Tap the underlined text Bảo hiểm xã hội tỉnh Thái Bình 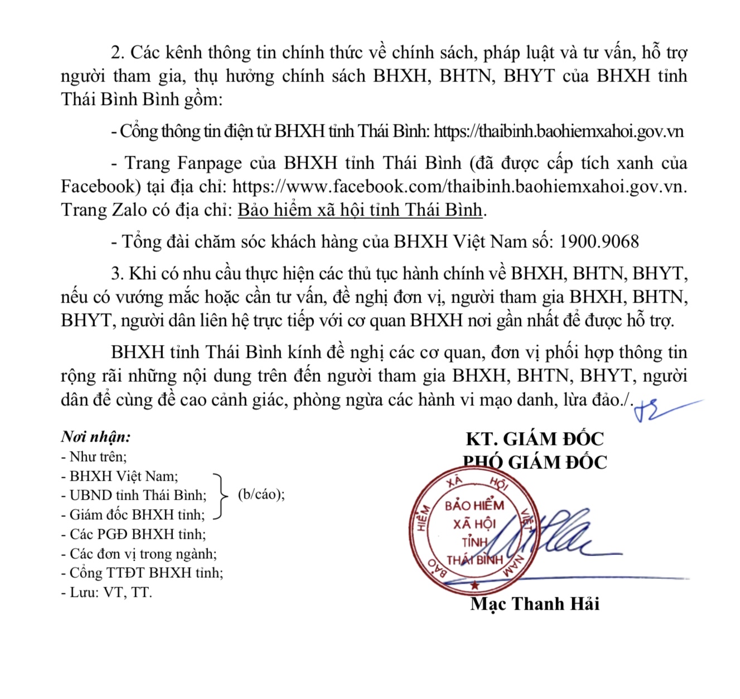tap(360, 210)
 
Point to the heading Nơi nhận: tap(96, 437)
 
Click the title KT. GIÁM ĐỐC tap(535, 439)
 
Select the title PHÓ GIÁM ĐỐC tap(535, 462)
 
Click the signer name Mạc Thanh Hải tap(535, 604)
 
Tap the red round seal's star tap(475, 585)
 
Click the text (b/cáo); tap(261, 495)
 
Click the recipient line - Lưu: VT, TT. tap(107, 592)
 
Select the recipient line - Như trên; tap(94, 457)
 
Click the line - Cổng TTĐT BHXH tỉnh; tap(142, 573)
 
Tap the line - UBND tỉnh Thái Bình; tap(134, 495)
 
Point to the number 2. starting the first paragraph tap(118, 52)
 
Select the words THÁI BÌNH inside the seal tap(475, 560)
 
